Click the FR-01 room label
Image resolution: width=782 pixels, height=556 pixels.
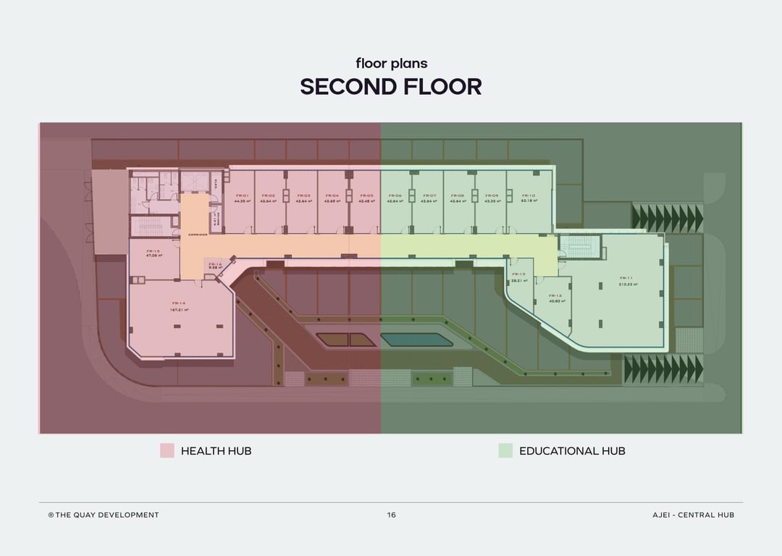(x=243, y=195)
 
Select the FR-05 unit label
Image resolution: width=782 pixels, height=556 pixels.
(x=366, y=195)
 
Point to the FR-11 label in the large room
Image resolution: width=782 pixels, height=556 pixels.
(x=626, y=278)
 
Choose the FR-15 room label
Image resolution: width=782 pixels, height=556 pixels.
(x=154, y=250)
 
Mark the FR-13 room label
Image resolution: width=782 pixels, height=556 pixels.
(x=518, y=274)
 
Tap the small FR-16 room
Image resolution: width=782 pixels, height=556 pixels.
(x=215, y=266)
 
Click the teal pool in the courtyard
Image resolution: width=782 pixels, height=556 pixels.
(x=413, y=340)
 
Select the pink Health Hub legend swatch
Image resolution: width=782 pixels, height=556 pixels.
(x=167, y=450)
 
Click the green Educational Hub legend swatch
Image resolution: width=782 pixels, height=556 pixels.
(x=505, y=450)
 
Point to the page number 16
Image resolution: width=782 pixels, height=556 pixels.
(x=391, y=515)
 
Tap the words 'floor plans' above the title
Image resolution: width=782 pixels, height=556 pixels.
(x=391, y=63)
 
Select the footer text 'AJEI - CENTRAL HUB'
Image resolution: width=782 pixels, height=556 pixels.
(x=693, y=515)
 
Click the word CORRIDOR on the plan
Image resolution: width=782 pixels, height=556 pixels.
(x=198, y=235)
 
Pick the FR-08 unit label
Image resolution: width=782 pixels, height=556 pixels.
(x=458, y=195)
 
